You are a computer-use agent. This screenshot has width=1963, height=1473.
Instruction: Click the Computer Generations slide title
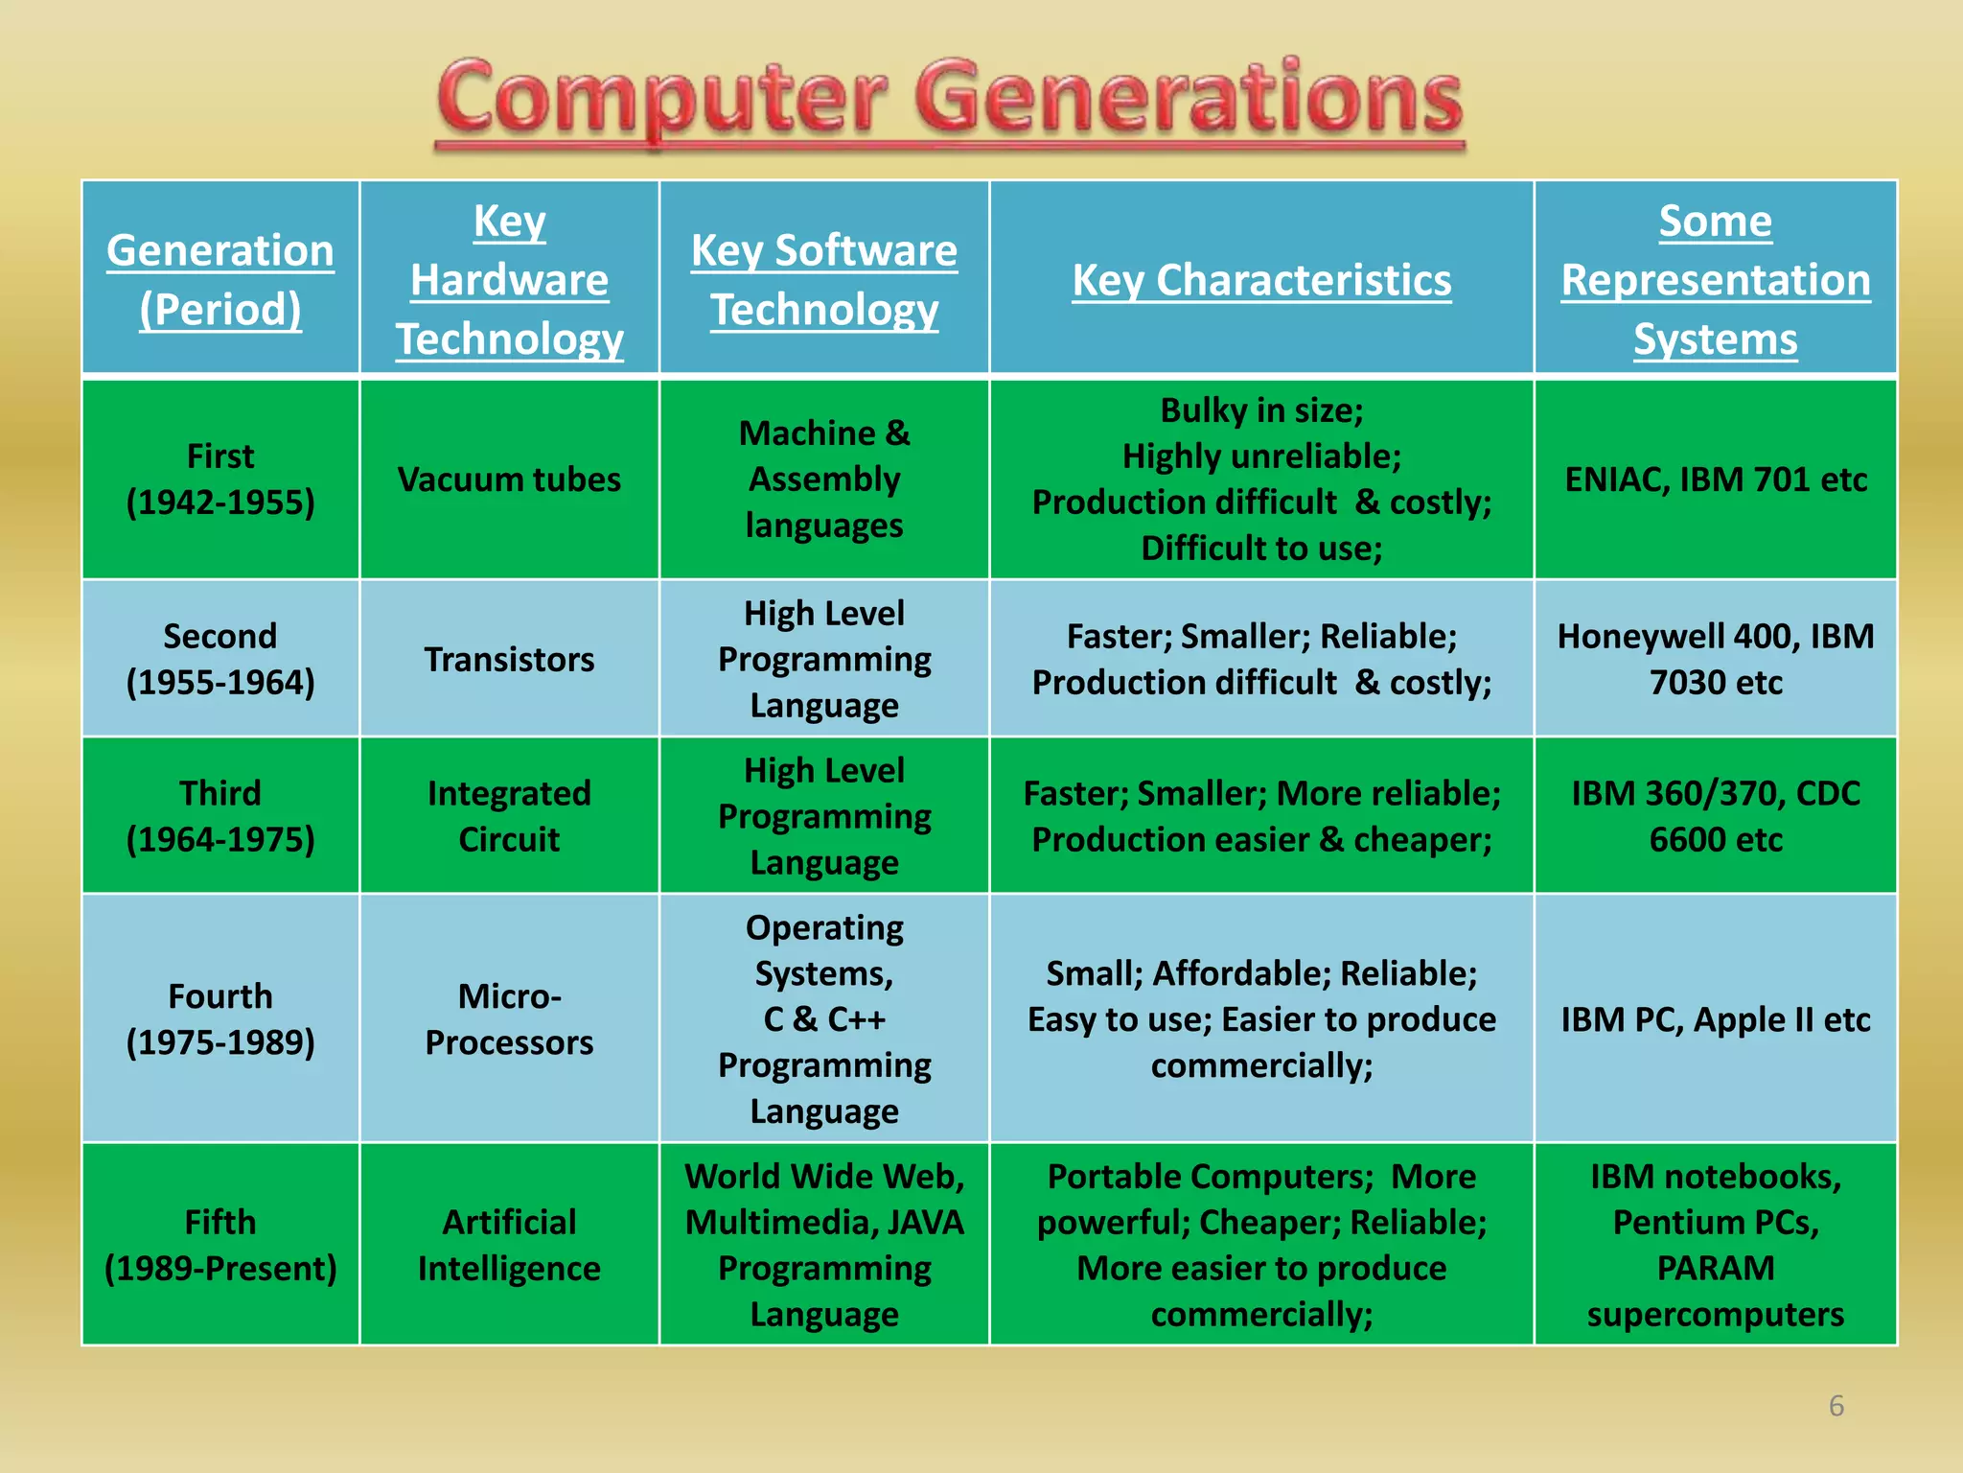click(x=949, y=101)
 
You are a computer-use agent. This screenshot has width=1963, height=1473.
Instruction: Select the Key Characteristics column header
click(x=1261, y=280)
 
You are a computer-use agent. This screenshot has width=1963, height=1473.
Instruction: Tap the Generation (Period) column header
click(x=220, y=279)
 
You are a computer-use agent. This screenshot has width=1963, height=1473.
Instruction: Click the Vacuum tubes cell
click(x=509, y=479)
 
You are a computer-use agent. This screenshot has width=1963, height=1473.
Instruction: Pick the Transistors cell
click(x=509, y=659)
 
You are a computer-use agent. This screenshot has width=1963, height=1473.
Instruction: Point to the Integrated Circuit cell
click(x=509, y=816)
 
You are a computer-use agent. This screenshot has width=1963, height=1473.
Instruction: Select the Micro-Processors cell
click(x=509, y=1018)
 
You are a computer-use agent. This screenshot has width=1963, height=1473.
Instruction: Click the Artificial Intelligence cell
click(x=509, y=1245)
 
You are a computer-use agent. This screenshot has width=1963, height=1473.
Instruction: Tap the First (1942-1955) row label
click(x=220, y=479)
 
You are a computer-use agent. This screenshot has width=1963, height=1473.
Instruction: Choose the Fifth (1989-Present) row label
click(x=220, y=1245)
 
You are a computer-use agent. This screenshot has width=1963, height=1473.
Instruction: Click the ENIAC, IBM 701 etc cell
click(x=1716, y=479)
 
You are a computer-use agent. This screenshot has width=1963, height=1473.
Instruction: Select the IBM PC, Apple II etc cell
click(x=1716, y=1018)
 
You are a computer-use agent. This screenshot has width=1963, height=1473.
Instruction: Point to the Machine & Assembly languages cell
click(x=824, y=479)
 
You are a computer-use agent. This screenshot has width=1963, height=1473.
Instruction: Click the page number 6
click(x=1836, y=1406)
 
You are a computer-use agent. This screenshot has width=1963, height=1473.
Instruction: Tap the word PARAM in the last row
click(x=1716, y=1268)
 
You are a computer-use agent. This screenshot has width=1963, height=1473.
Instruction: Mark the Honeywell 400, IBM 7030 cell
click(x=1716, y=659)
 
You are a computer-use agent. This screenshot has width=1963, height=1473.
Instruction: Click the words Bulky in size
click(x=1261, y=410)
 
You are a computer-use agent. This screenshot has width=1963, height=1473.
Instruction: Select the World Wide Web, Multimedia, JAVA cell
click(x=824, y=1245)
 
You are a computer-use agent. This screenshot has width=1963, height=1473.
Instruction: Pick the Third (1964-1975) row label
click(x=220, y=816)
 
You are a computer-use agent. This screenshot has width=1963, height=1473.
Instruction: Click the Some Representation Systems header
click(x=1716, y=280)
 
